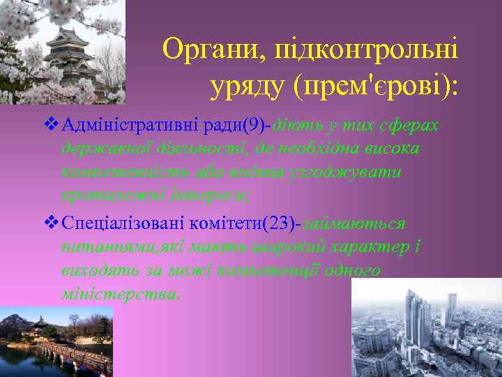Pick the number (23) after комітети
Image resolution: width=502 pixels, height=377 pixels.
click(x=282, y=225)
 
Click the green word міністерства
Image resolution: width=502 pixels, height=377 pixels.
click(x=119, y=294)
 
